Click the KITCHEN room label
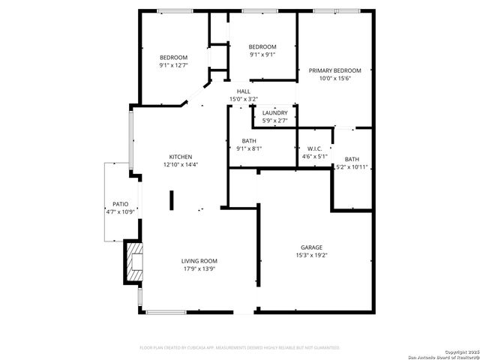pos(180,157)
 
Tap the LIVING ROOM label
pos(199,261)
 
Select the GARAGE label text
pos(311,247)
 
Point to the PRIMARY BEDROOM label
pos(334,70)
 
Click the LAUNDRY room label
pos(274,112)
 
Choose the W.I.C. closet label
pos(314,148)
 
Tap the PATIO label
pos(120,203)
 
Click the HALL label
pos(244,91)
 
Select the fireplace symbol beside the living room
pos(133,262)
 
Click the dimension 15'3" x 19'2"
pos(311,255)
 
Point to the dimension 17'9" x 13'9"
pos(199,269)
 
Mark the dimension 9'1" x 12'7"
pos(173,65)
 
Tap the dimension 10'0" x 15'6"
pos(334,79)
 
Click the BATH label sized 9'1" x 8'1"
pos(249,140)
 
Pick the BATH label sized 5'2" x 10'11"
pos(352,159)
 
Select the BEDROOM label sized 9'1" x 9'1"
pos(262,46)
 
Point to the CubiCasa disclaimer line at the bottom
pos(240,348)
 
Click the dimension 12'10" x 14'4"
pos(180,165)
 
